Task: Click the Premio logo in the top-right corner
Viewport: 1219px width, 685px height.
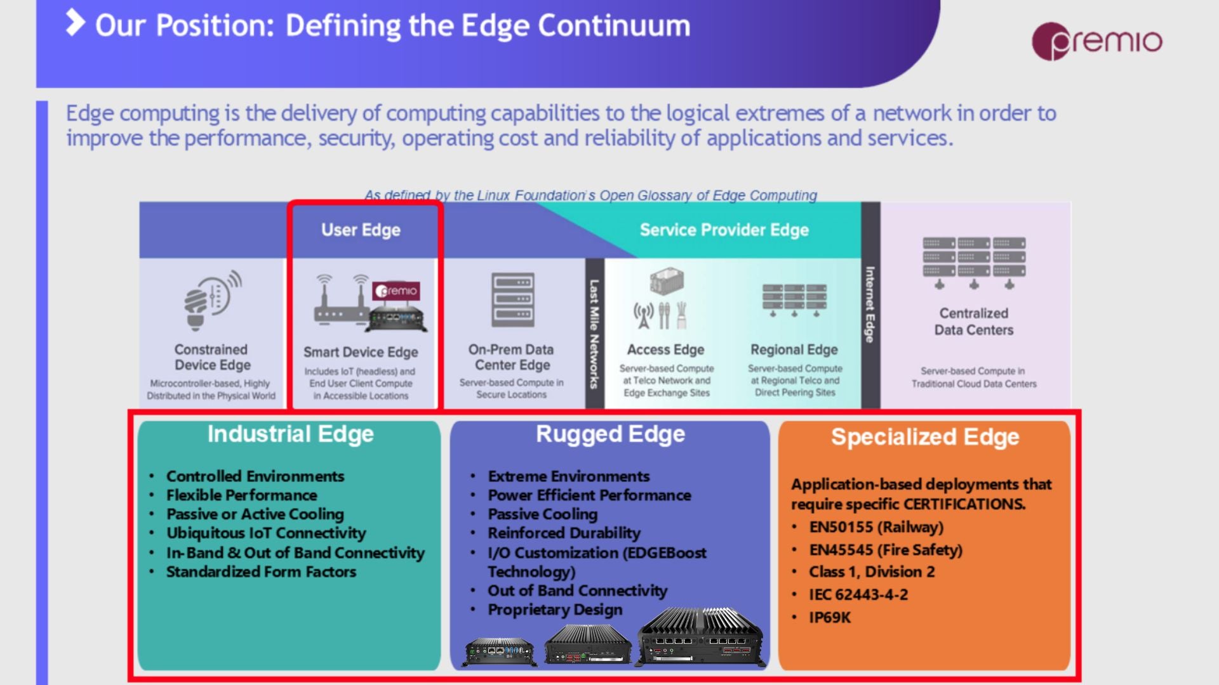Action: [1097, 41]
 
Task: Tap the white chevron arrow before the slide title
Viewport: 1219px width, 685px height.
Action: [76, 23]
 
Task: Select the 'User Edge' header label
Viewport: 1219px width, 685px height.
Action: [361, 230]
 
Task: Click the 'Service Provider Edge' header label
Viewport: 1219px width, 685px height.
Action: [724, 230]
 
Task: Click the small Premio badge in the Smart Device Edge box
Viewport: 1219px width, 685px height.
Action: [396, 290]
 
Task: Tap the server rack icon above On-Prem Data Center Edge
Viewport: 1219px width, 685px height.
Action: [512, 299]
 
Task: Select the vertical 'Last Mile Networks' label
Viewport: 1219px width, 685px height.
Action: [594, 334]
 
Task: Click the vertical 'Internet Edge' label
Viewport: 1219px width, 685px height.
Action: [870, 304]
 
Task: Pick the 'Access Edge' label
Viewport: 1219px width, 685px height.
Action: [665, 349]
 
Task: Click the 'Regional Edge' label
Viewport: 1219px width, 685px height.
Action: [794, 349]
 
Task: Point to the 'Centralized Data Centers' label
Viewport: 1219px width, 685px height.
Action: [973, 322]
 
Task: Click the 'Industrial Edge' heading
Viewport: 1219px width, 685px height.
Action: [290, 434]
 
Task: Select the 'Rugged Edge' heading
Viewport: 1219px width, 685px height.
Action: [610, 434]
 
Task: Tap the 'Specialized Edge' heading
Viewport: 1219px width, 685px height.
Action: [925, 436]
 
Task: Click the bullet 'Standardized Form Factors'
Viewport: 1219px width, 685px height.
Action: [261, 571]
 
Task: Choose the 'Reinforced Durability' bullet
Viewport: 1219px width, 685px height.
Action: [564, 533]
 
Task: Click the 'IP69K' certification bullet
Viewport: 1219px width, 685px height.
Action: [829, 617]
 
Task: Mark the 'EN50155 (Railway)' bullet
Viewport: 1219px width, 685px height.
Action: [876, 527]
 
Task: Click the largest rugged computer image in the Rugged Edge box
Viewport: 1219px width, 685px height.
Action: [700, 636]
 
